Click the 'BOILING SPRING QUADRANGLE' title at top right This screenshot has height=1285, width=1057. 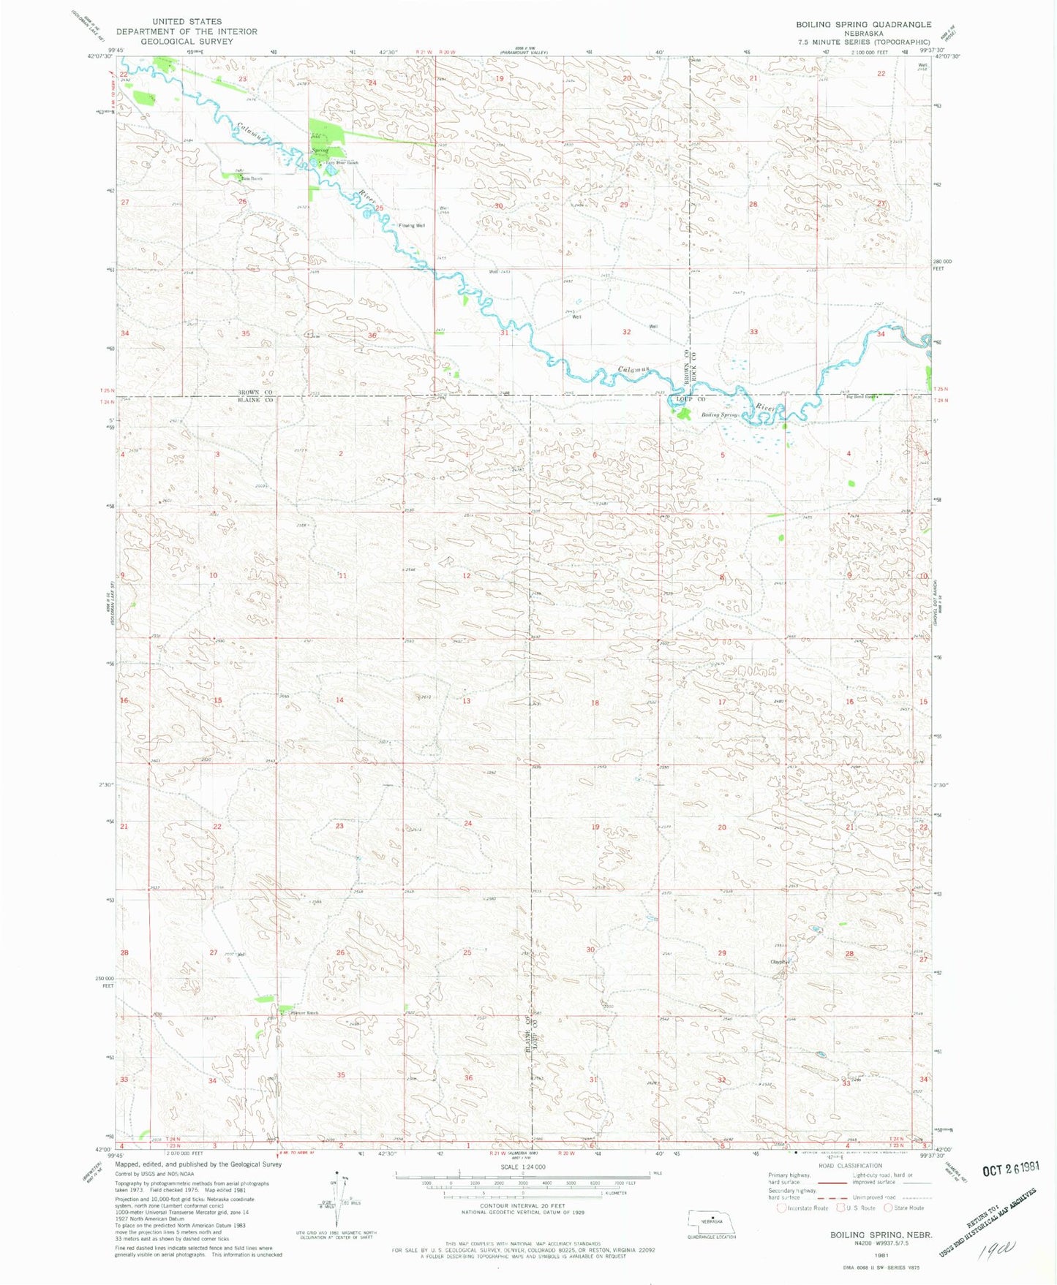pos(863,24)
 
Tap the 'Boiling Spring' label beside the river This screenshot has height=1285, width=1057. pos(721,415)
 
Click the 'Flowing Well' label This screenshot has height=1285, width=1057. pos(411,226)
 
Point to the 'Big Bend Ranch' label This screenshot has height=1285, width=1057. pos(860,396)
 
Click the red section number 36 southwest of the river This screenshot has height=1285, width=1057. pos(372,336)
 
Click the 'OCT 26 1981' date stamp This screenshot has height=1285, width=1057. pos(1011,1169)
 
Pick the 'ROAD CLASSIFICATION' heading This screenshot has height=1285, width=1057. pos(849,1166)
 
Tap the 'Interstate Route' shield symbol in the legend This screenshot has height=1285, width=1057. pos(781,1208)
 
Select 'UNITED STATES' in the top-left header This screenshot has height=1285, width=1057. pos(187,22)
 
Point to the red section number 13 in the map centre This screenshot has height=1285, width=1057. pos(467,701)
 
